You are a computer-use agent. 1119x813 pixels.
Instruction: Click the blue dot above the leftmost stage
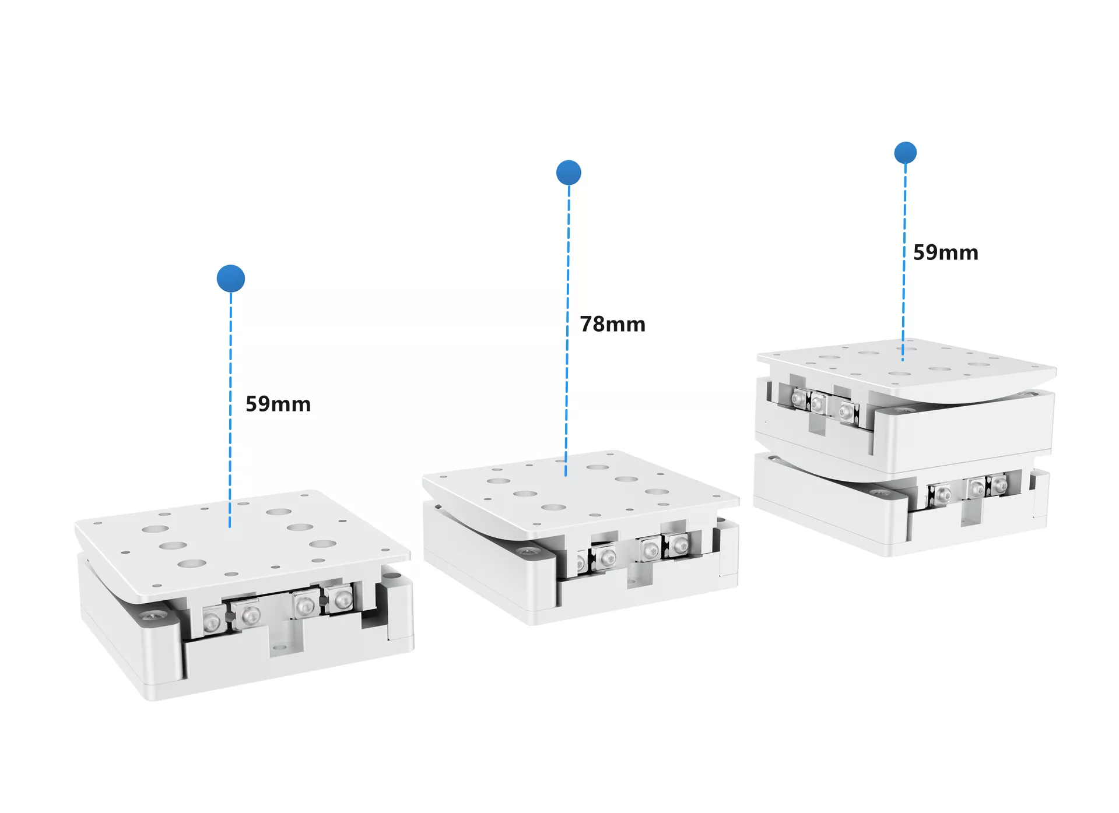230,279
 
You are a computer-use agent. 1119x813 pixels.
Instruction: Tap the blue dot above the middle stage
569,173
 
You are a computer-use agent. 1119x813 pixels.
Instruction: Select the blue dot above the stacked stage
905,153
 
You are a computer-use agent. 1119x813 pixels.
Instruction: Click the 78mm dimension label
612,324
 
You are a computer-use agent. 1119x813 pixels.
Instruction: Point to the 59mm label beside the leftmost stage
278,404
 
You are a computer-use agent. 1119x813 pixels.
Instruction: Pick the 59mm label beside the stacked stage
945,252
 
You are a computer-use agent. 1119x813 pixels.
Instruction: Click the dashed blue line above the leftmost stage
230,410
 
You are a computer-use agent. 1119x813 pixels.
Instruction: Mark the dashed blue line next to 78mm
567,330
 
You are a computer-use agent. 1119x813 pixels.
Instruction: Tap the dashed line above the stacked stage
904,262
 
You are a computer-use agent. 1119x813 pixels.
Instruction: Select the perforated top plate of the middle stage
580,492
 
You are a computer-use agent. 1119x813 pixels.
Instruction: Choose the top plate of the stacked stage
906,367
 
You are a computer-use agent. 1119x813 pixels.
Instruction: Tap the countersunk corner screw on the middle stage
527,551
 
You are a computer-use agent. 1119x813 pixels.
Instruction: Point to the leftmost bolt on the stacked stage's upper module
798,399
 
